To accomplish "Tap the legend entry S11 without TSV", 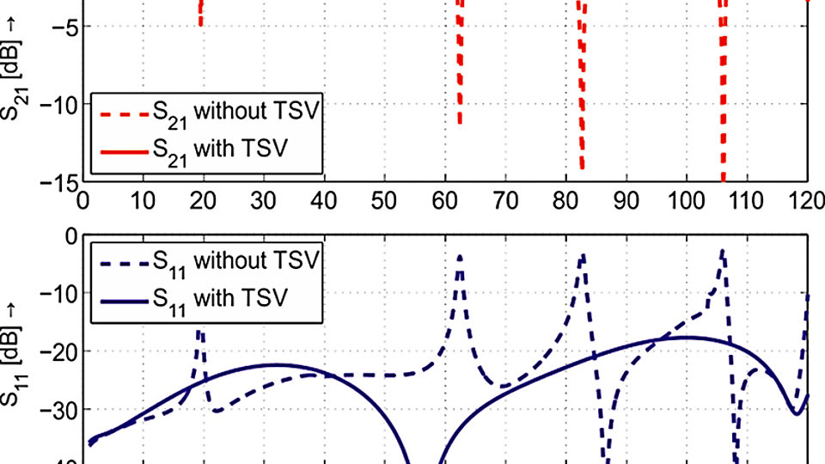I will (206, 259).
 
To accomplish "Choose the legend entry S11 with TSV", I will (206, 296).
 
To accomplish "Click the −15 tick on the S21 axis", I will (61, 182).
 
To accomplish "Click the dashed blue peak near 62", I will (460, 256).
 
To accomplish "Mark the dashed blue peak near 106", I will (723, 251).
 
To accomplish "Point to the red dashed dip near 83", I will (583, 163).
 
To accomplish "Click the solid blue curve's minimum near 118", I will (797, 413).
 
